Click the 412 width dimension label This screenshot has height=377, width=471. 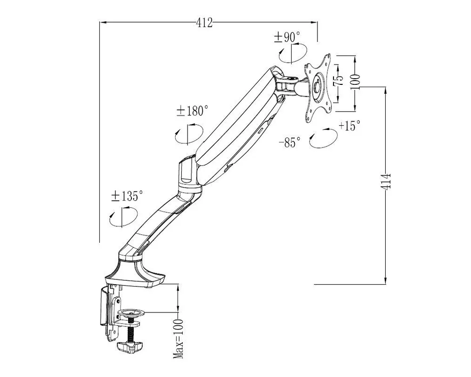(x=204, y=23)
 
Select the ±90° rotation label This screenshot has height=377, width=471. (x=287, y=37)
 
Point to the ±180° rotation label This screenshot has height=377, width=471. (x=192, y=111)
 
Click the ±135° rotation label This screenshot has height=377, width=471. (x=127, y=196)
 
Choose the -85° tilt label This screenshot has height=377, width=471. (x=290, y=142)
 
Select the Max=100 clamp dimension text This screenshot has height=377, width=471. (x=178, y=339)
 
